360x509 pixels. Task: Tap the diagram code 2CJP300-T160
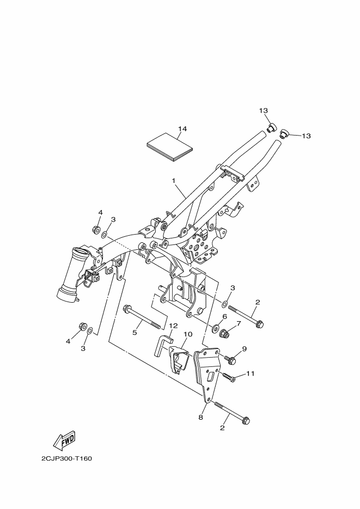pos(66,458)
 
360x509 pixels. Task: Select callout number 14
pos(182,129)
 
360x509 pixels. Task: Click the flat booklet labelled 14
pos(170,147)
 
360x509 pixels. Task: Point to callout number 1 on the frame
pos(174,180)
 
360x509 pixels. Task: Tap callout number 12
pos(173,326)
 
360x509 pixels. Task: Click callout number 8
pos(200,418)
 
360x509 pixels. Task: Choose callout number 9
pos(245,349)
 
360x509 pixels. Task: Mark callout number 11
pos(251,373)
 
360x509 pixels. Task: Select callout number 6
pos(224,317)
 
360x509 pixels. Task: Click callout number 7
pos(239,323)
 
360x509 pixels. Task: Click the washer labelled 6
pos(215,329)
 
